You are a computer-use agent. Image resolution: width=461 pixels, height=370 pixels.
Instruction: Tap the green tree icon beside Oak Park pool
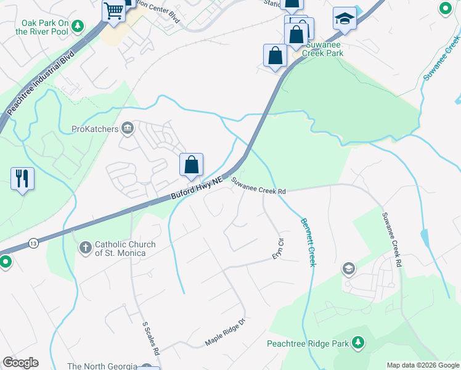pos(78,26)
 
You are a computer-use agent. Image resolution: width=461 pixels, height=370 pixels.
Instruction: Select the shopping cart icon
pos(114,10)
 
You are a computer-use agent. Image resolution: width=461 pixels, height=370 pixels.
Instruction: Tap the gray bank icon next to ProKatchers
pos(128,128)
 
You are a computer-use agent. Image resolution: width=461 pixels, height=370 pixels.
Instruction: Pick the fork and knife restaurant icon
pos(22,178)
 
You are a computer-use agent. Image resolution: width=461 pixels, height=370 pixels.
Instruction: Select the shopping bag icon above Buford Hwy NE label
pos(192,165)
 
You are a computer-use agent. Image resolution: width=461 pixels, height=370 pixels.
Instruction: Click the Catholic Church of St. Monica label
pos(121,249)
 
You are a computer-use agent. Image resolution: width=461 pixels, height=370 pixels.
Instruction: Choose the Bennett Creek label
pos(308,242)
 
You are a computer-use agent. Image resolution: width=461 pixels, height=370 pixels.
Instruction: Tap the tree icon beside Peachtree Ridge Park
pos(357,343)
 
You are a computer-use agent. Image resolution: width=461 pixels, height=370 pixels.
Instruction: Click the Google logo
pos(20,362)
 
